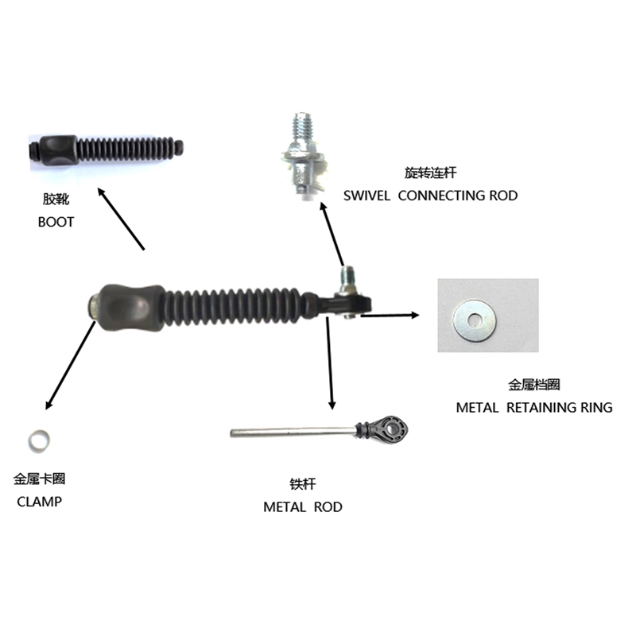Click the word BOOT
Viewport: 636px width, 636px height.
[x=56, y=222]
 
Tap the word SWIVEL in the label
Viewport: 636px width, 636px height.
[x=366, y=195]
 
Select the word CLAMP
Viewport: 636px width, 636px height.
[x=39, y=502]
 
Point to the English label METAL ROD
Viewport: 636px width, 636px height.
[x=303, y=506]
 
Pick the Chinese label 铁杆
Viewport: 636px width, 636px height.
[x=303, y=483]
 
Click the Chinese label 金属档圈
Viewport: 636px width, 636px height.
[x=534, y=385]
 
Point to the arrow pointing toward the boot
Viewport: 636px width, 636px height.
[x=121, y=218]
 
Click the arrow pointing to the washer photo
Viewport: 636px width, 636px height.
[x=390, y=316]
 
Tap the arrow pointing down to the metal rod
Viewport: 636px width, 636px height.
[x=328, y=362]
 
